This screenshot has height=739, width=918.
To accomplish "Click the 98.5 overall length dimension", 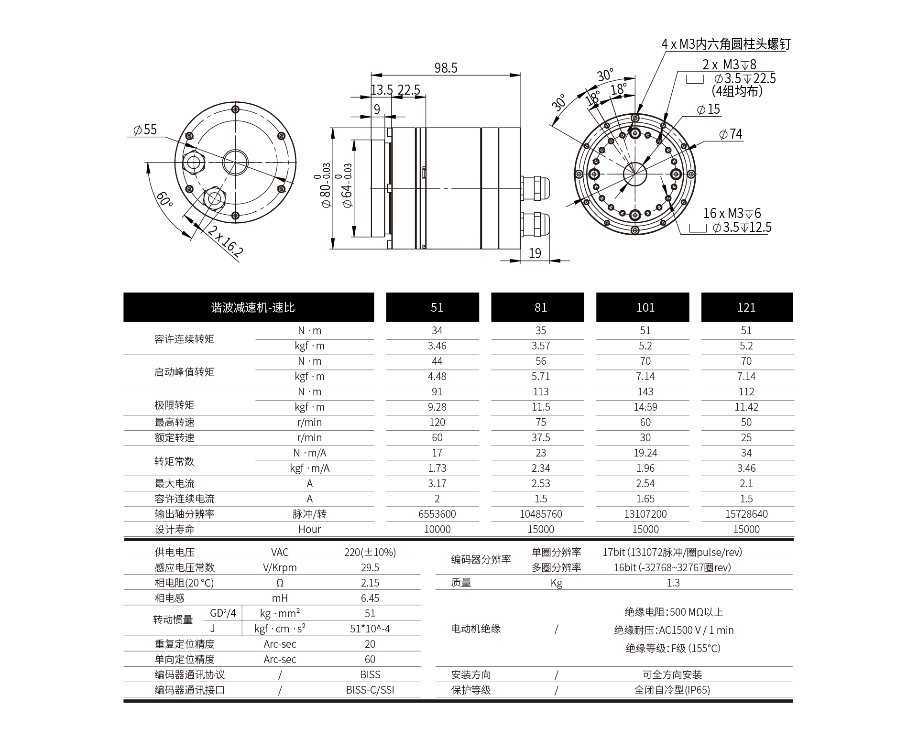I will coord(446,68).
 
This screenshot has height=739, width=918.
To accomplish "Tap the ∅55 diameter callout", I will coord(145,130).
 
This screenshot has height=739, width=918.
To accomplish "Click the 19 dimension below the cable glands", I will coord(535,253).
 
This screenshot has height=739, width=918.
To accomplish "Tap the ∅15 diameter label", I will coord(709,109).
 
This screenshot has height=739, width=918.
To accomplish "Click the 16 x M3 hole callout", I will coord(732,213).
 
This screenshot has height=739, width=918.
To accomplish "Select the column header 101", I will coord(645,307).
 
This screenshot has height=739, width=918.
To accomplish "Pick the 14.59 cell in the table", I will coord(645,407).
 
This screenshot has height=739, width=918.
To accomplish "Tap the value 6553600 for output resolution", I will coord(437,514).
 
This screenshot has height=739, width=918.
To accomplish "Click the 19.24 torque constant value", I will coord(645,453).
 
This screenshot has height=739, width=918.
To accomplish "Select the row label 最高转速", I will coord(175,422).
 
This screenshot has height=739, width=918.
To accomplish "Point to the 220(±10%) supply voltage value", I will coord(370,552).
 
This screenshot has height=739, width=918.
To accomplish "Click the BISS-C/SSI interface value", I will coord(370,690).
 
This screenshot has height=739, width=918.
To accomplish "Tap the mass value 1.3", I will coord(673,583).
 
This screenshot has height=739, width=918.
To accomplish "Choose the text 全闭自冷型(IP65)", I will coord(672,690).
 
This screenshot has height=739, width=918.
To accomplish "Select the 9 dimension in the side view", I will coord(377,109).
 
